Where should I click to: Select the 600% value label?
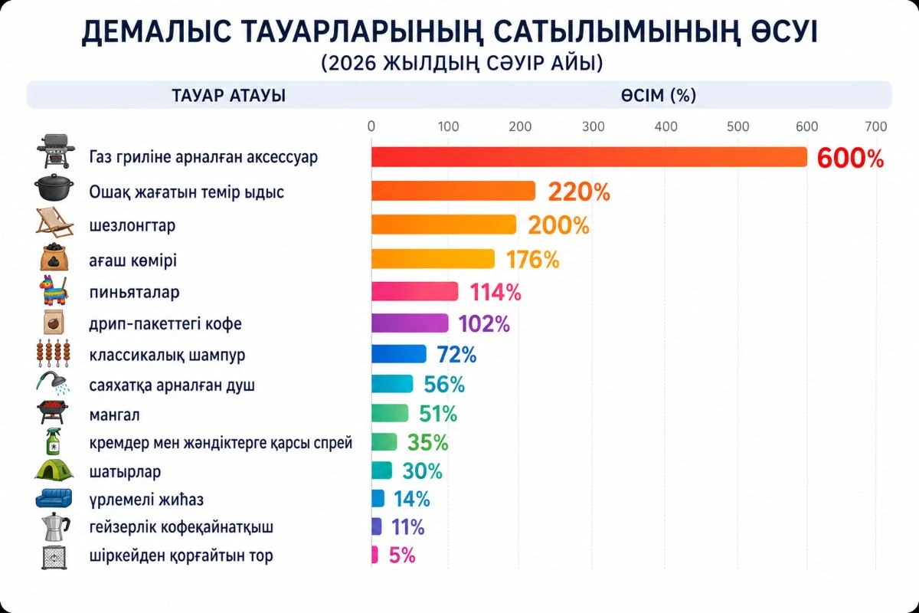tap(850, 158)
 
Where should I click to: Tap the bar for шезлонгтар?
tap(443, 225)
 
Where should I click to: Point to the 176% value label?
tap(532, 260)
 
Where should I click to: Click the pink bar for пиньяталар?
tap(414, 291)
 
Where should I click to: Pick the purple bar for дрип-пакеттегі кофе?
tap(410, 323)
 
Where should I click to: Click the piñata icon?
tap(54, 291)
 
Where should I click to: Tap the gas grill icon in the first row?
tap(54, 150)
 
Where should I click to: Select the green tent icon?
tap(54, 470)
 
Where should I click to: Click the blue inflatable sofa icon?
tap(54, 498)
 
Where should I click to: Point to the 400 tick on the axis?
tap(666, 126)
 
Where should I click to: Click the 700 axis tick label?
tap(875, 126)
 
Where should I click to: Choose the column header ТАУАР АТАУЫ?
tap(219, 96)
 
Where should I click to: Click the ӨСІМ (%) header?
tap(659, 96)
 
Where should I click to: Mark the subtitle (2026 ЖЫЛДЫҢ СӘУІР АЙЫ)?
tap(462, 64)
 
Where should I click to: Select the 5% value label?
tap(402, 556)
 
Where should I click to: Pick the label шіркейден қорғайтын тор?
tap(181, 556)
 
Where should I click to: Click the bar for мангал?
tap(390, 413)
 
